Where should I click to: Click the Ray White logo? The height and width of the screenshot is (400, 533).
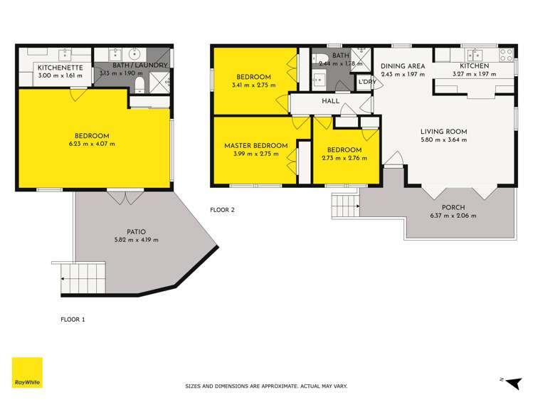tap(27, 372)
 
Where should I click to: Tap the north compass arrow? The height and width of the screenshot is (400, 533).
tap(514, 383)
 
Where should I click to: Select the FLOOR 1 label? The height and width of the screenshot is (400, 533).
tap(73, 320)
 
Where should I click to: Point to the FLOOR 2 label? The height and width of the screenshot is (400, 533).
tap(222, 210)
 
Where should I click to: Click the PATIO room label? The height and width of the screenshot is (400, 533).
tap(137, 232)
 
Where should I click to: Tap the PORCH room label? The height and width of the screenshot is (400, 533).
tap(453, 207)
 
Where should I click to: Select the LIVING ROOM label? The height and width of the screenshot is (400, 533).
tap(443, 132)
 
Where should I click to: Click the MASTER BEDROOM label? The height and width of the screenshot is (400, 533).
tap(256, 145)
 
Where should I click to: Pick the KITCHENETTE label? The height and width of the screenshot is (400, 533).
tap(60, 68)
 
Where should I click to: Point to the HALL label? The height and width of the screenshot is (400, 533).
tap(330, 101)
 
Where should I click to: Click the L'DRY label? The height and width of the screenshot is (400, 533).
tap(367, 82)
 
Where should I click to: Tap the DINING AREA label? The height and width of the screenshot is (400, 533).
tap(403, 66)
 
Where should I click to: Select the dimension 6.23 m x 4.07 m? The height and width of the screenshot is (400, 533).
tap(92, 144)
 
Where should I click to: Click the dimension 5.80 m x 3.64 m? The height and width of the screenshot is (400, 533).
tap(443, 140)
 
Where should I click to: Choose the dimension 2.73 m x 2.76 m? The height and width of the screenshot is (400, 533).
tap(344, 158)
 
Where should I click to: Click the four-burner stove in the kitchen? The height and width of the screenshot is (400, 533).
tap(506, 55)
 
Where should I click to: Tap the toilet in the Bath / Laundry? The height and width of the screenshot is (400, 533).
tap(139, 85)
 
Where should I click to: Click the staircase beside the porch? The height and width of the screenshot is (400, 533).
tap(346, 205)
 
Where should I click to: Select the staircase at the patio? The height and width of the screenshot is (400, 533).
tap(83, 279)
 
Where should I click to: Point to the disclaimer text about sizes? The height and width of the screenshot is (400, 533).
tap(266, 386)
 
